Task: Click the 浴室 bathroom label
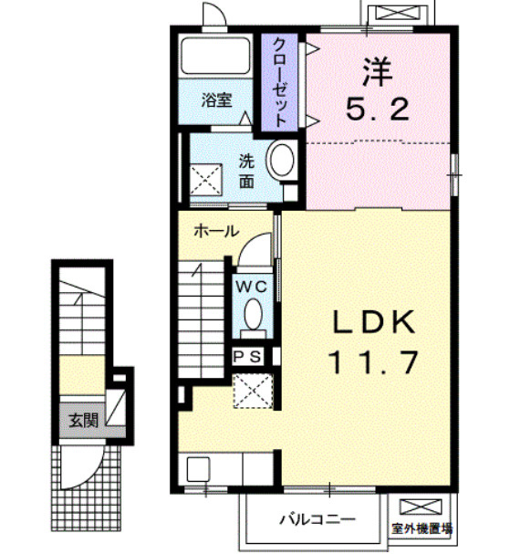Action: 217,100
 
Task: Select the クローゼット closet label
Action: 280,82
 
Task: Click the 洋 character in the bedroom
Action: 378,72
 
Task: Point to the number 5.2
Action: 378,109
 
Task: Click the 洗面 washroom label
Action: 246,172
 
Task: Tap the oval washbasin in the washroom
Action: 282,160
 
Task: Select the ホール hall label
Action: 216,232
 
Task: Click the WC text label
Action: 252,287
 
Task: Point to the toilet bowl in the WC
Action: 254,315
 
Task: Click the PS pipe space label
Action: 248,357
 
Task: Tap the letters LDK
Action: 374,322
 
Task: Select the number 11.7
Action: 374,362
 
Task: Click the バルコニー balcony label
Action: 317,519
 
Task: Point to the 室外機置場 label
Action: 422,529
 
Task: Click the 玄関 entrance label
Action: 83,421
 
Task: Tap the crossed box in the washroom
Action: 206,180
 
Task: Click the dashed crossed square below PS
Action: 254,392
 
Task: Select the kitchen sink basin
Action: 198,469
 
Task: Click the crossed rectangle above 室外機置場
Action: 421,507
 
